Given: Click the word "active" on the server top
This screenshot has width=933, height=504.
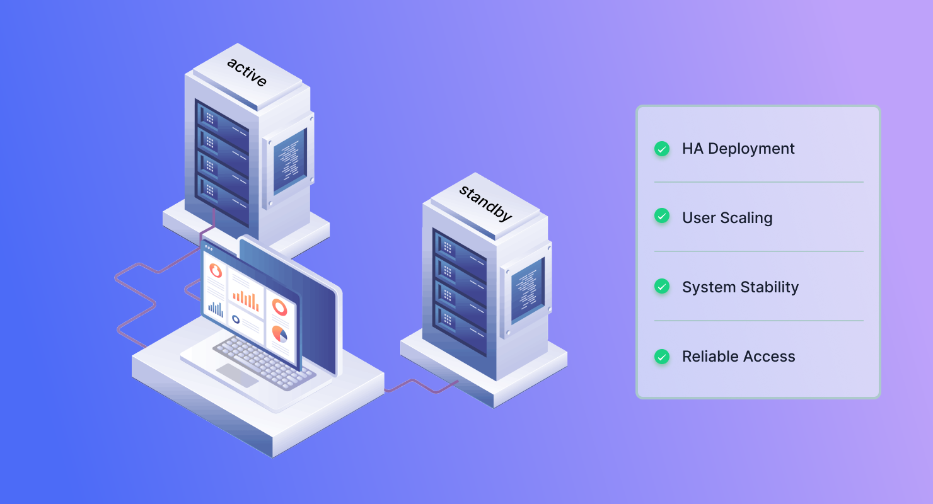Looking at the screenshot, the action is (246, 72).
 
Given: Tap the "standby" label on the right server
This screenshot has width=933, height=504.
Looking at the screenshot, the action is (485, 203).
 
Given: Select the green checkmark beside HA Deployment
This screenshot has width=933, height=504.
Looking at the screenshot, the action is (662, 149).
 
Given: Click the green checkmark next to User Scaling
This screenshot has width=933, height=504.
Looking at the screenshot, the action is (662, 215).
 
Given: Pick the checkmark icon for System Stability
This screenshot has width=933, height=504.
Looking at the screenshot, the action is (662, 286).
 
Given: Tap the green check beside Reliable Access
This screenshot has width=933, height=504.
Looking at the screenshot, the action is (662, 356).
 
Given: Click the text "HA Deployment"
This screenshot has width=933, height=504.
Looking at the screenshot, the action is (738, 149).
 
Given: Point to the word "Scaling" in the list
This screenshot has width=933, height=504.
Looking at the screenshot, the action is (746, 218).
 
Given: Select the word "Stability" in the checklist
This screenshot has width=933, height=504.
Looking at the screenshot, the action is (770, 287).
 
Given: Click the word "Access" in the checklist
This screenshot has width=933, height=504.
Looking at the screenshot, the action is (769, 356).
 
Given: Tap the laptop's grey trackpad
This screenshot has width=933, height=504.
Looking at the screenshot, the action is (237, 375).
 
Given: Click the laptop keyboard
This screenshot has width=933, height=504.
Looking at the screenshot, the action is (264, 362).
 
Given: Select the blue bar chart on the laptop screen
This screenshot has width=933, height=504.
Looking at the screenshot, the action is (216, 309).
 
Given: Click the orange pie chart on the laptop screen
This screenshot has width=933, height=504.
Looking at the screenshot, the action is (279, 334).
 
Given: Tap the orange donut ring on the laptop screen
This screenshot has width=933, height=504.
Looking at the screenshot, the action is (280, 307).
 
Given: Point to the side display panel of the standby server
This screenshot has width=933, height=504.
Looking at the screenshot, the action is (528, 290).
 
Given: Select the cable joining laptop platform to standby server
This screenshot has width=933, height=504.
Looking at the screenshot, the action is (420, 386).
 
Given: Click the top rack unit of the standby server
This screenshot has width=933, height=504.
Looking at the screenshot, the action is (460, 253).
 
